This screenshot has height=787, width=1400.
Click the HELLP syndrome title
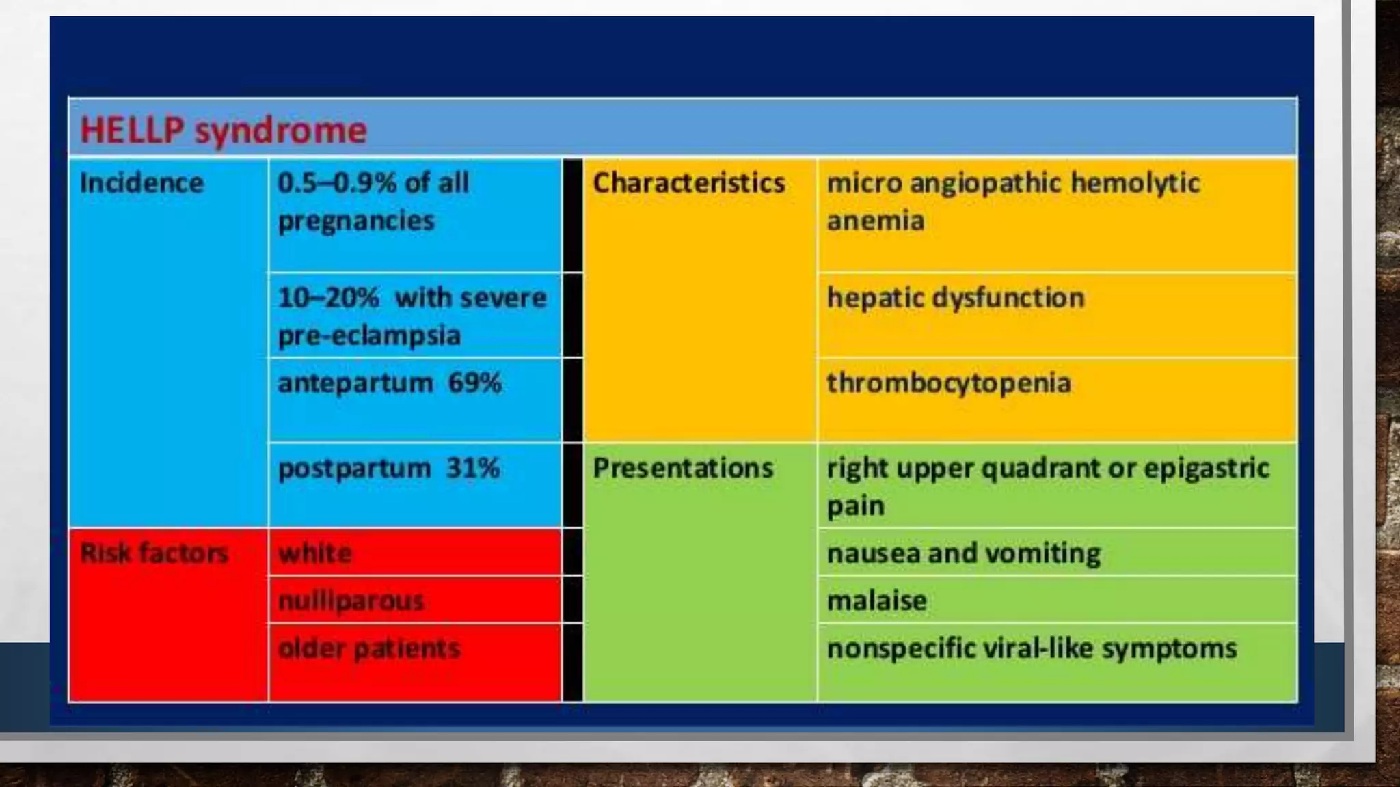tap(224, 130)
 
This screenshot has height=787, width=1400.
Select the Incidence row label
tap(142, 183)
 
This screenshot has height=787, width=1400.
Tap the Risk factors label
tap(154, 553)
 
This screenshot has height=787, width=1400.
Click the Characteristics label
tap(688, 183)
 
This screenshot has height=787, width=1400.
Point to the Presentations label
tap(683, 468)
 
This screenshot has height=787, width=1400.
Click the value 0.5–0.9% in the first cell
tap(336, 183)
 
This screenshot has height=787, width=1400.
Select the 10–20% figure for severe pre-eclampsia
tap(328, 298)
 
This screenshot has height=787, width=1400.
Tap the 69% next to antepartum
tap(474, 383)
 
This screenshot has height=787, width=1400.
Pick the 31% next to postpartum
tap(472, 469)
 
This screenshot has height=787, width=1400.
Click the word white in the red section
tap(315, 553)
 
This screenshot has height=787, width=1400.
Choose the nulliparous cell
tap(351, 601)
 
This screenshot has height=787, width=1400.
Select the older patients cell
tap(369, 648)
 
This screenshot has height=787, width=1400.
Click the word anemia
tap(876, 221)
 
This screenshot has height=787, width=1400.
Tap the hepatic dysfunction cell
tap(956, 298)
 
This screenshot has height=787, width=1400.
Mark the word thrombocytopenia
tap(949, 383)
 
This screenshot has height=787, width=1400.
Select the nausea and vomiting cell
tap(964, 553)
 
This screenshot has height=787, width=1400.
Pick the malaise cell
tap(877, 601)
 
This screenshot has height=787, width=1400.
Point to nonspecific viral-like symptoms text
tap(1032, 648)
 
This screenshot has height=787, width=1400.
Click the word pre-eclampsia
tap(369, 336)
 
